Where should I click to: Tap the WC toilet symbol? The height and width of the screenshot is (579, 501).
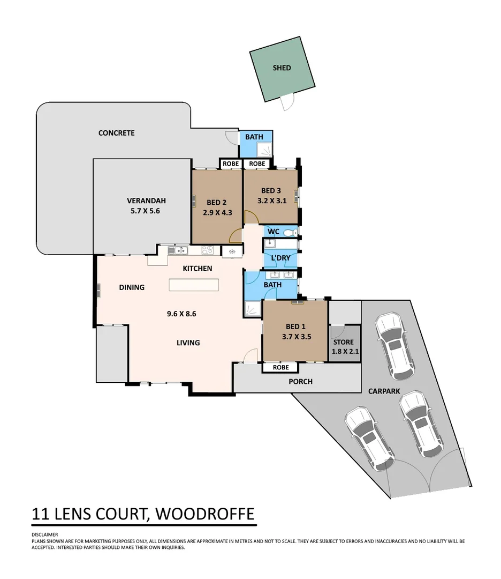(x=290, y=233)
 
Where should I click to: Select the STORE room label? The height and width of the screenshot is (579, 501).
(x=343, y=342)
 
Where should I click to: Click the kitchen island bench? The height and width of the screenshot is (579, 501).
(x=194, y=285)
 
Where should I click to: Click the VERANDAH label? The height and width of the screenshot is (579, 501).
(x=146, y=201)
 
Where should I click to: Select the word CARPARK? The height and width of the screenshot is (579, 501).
(x=384, y=391)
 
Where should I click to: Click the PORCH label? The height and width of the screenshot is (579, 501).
(x=300, y=382)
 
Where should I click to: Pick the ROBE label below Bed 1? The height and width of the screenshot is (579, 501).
(x=280, y=368)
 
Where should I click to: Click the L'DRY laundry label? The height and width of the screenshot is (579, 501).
(x=280, y=258)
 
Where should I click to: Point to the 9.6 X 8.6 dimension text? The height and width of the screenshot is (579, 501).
(x=181, y=314)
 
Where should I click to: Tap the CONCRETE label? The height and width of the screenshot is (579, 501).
(x=116, y=133)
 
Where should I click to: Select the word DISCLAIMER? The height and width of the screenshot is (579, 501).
(x=44, y=535)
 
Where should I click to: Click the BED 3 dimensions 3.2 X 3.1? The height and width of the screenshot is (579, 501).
(x=271, y=201)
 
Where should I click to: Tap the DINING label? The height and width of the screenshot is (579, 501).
(x=132, y=287)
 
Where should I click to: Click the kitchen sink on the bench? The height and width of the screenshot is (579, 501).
(x=176, y=250)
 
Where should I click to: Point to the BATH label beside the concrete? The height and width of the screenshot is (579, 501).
(x=254, y=137)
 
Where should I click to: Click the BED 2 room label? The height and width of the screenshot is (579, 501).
(x=217, y=202)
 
